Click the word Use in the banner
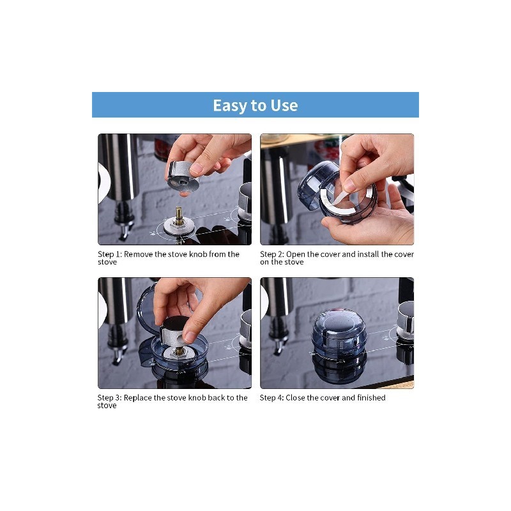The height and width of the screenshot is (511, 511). click(284, 105)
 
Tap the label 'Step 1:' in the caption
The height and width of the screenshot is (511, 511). click(110, 254)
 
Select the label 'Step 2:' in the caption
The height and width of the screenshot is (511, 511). click(272, 254)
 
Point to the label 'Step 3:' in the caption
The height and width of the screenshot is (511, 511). click(109, 397)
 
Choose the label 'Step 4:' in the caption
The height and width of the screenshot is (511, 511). click(272, 397)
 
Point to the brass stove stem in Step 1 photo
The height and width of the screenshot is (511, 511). click(179, 215)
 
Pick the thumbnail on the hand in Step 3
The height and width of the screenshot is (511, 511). click(190, 337)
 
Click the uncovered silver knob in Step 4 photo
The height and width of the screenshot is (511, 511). click(406, 321)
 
